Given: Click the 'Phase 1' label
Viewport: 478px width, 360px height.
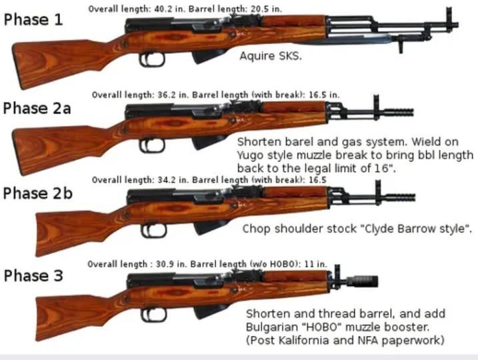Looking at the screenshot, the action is pyautogui.click(x=33, y=19).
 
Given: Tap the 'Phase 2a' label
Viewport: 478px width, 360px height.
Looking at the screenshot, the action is pyautogui.click(x=37, y=108).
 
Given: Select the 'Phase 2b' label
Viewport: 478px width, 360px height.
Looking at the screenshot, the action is pyautogui.click(x=37, y=193).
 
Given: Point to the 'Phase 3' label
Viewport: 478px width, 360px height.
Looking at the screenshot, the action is pyautogui.click(x=33, y=275).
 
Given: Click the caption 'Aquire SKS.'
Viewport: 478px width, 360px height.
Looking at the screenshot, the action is pyautogui.click(x=271, y=56).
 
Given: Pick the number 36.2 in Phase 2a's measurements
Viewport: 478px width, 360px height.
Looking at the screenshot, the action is pyautogui.click(x=167, y=95).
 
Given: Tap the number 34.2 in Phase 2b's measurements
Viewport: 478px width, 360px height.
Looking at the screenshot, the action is pyautogui.click(x=167, y=180).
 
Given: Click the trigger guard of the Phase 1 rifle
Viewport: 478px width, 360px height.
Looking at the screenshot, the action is pyautogui.click(x=152, y=60).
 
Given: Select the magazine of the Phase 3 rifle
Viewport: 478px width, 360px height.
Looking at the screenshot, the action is pyautogui.click(x=211, y=311).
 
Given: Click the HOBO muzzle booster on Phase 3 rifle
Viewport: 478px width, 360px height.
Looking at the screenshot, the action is pyautogui.click(x=363, y=281).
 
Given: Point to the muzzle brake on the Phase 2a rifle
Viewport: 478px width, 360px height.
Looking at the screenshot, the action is pyautogui.click(x=399, y=112).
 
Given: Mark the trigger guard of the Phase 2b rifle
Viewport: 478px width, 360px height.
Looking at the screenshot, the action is pyautogui.click(x=153, y=231).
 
